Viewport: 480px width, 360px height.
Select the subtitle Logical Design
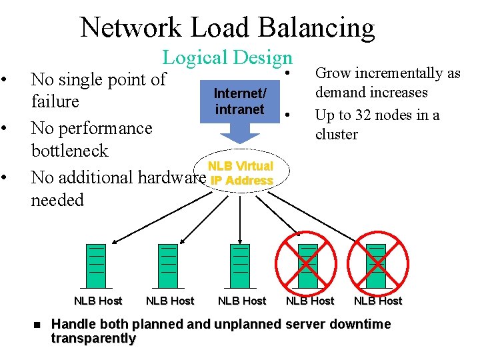(227, 58)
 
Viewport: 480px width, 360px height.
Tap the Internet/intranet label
(239, 101)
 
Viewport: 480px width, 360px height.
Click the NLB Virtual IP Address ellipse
(240, 173)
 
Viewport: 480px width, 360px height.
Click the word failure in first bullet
(55, 102)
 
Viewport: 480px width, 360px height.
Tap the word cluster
(337, 134)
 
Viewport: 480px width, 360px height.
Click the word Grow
(334, 73)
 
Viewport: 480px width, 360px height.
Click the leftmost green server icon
(97, 259)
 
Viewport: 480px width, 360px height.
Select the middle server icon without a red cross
(240, 259)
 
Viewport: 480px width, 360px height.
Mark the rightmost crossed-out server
(377, 259)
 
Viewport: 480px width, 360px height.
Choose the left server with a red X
(308, 259)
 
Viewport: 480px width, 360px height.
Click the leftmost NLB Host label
(97, 301)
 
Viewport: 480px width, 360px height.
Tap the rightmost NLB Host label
(378, 301)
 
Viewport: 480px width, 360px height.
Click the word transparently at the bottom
(93, 339)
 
